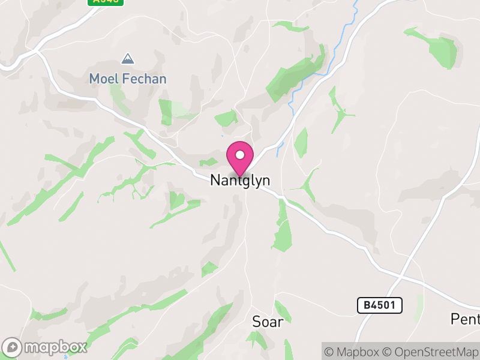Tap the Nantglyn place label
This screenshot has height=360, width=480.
[x=240, y=180]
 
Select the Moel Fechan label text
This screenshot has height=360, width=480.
[x=128, y=79]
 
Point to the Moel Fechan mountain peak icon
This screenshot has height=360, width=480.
[x=127, y=59]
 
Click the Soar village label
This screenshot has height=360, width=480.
[x=267, y=321]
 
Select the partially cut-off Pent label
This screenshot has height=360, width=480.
[x=466, y=319]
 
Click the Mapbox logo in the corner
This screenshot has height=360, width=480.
[x=45, y=347]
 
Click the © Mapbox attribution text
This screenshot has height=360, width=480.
[x=353, y=351]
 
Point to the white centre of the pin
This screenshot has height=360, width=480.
[x=240, y=155]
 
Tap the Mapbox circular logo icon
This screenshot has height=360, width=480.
[x=12, y=347]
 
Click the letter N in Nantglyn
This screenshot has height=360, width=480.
[x=215, y=180]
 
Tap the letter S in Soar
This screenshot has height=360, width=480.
[x=256, y=321]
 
